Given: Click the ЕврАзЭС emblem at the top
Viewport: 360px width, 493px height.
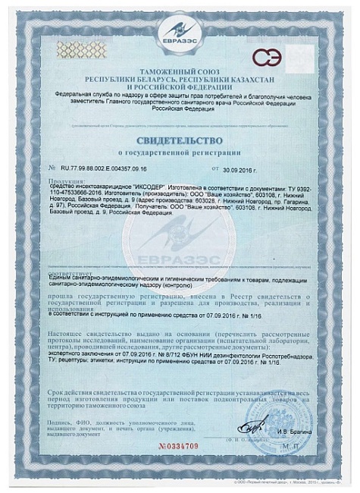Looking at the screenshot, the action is pyautogui.click(x=180, y=36).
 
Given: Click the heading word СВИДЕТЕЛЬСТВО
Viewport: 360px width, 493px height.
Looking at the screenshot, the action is pyautogui.click(x=179, y=140).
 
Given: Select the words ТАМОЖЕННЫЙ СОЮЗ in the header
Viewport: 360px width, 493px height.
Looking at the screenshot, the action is pyautogui.click(x=180, y=71).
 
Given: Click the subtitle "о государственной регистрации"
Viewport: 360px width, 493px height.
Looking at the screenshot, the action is pyautogui.click(x=179, y=152).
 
